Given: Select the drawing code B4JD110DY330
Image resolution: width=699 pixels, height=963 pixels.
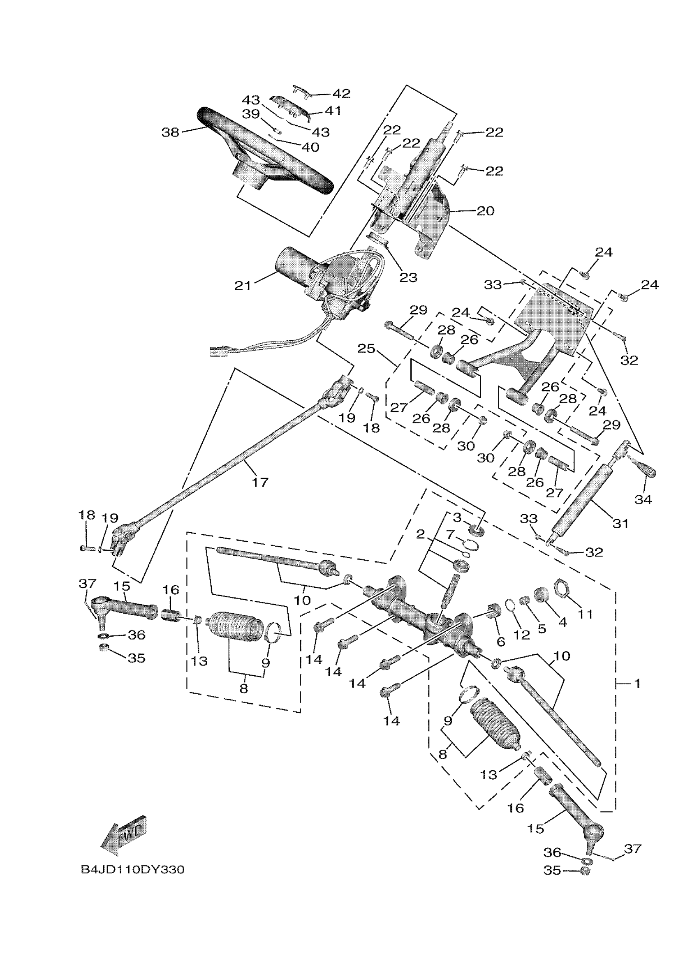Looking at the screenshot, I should click(x=132, y=870).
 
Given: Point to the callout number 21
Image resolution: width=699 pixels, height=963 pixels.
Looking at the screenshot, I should click(x=243, y=286).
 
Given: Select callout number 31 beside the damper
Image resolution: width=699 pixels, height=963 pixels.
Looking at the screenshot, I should click(x=620, y=524).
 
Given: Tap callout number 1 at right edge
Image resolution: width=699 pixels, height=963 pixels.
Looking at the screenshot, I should click(x=637, y=683).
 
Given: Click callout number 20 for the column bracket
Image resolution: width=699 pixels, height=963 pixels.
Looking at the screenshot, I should click(x=485, y=210).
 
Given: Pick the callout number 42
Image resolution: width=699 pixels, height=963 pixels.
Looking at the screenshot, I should click(x=341, y=93).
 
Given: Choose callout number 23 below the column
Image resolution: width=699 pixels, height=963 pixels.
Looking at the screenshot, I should click(x=408, y=277).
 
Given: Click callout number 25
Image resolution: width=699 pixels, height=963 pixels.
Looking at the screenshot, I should click(x=366, y=349).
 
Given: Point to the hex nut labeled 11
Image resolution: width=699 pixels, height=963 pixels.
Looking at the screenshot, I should click(x=564, y=588).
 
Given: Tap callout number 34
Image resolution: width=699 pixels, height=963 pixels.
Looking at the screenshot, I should click(x=643, y=500).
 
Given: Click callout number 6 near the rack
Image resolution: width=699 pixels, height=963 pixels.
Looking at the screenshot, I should click(x=501, y=642).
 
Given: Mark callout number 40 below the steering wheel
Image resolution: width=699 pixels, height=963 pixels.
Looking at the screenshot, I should click(x=310, y=147).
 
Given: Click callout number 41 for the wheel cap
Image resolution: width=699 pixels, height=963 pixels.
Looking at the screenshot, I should click(x=333, y=111).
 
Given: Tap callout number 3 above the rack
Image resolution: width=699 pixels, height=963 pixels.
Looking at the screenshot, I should click(x=457, y=517).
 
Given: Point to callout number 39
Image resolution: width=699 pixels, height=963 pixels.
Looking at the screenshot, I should click(x=250, y=114).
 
